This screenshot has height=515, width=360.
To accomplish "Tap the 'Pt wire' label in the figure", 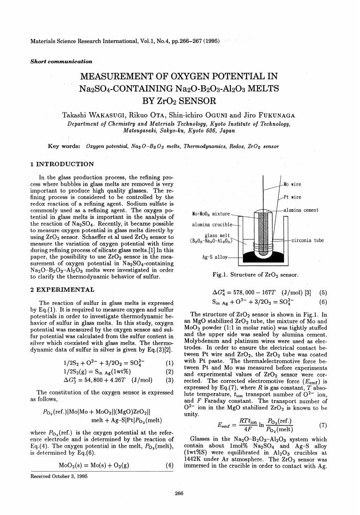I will click(293, 197).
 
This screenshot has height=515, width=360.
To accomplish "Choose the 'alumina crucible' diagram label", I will click(211, 225).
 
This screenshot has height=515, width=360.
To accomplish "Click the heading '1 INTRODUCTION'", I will click(62, 164).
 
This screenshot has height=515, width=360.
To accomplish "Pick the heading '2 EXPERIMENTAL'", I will click(62, 290).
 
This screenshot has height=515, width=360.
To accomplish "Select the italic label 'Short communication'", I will click(55, 62).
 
